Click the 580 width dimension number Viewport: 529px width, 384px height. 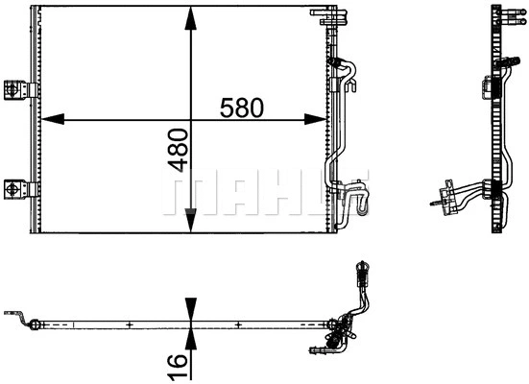pos(242,107)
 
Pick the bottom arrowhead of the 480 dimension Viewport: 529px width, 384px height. pos(193,228)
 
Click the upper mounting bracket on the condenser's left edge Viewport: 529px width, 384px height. pos(16,88)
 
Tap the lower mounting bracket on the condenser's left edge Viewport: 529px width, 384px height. pos(16,188)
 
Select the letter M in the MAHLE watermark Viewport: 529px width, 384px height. pos(187,192)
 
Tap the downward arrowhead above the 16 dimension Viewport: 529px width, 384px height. pos(193,310)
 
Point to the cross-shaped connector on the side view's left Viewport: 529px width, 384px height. pos(443,199)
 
